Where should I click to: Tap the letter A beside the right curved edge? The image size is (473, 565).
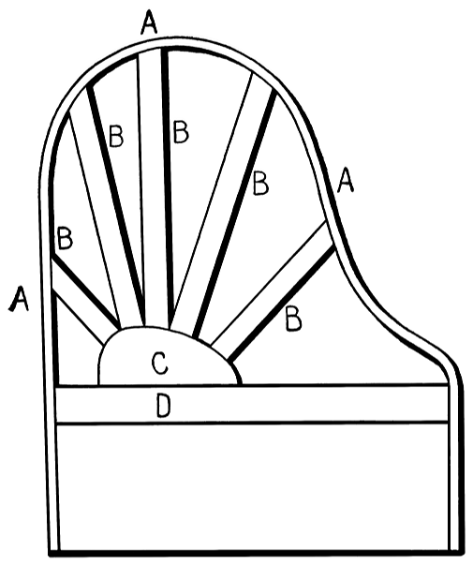[346, 179]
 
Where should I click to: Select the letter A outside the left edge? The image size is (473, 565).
[19, 298]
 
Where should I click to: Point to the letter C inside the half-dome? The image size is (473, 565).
[159, 363]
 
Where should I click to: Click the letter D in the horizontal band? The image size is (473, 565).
[164, 406]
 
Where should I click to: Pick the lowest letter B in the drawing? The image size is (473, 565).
[293, 319]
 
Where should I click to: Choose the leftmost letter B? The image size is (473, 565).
[65, 238]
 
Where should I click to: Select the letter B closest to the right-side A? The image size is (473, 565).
[260, 184]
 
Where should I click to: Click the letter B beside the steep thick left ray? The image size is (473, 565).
[116, 136]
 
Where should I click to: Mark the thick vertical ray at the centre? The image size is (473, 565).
[168, 187]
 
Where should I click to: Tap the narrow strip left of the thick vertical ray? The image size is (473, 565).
[152, 187]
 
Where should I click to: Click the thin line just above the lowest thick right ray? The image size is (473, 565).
[269, 283]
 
